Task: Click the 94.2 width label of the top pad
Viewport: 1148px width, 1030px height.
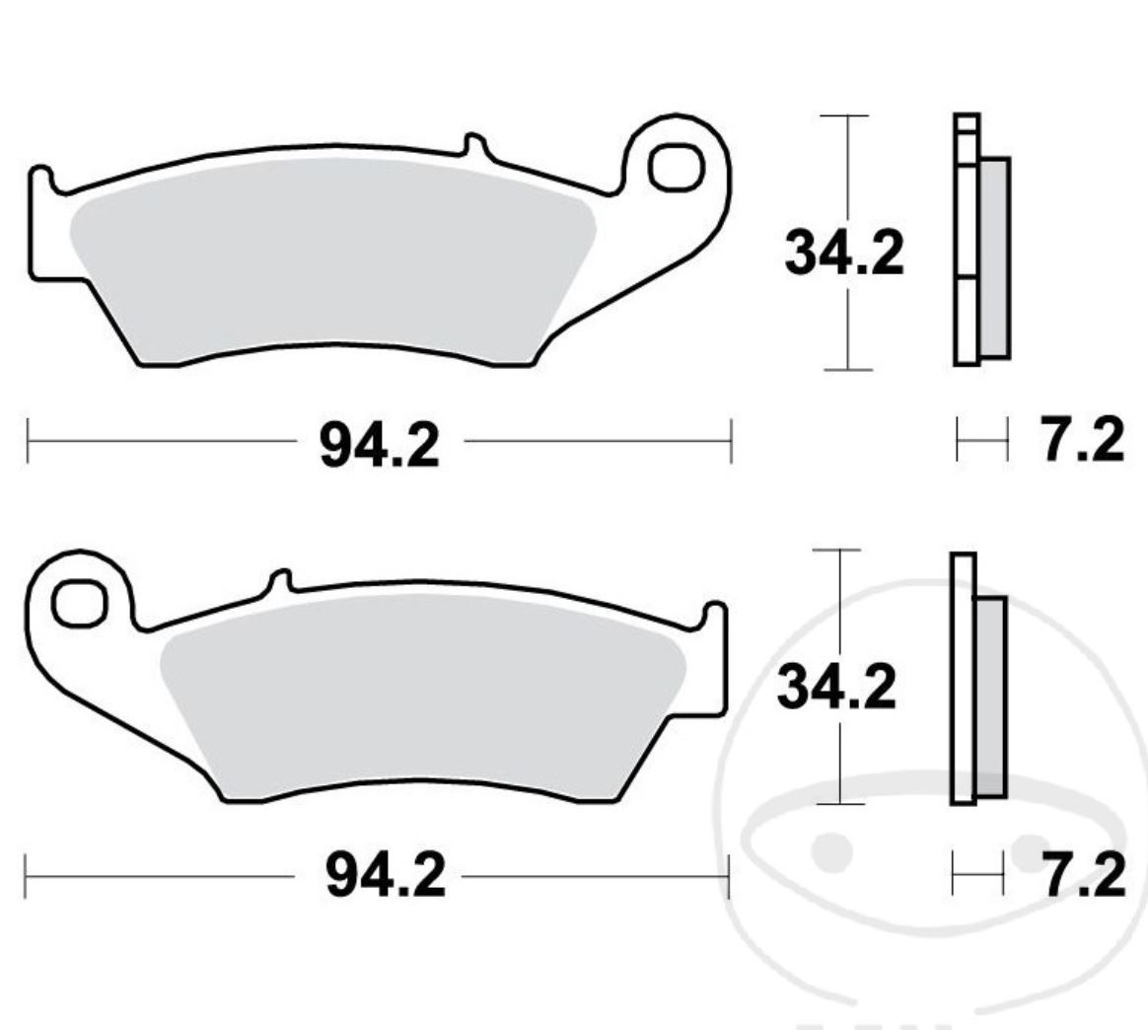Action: click(x=379, y=445)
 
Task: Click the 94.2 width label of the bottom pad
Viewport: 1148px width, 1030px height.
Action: click(x=386, y=876)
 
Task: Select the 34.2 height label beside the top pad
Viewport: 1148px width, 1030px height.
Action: click(x=843, y=254)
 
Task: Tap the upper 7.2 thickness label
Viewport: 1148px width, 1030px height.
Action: click(x=1082, y=441)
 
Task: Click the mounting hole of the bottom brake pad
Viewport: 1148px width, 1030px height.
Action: click(x=80, y=604)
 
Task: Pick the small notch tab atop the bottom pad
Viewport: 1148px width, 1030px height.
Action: click(x=281, y=582)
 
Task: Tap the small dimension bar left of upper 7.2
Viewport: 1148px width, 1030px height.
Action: click(x=982, y=438)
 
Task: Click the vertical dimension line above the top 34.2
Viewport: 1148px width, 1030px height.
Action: click(x=847, y=168)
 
